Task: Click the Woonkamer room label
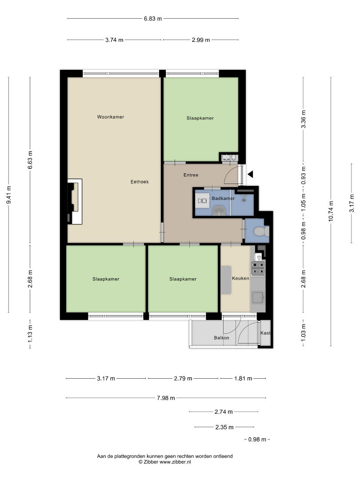[111, 117]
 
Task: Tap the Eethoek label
[140, 182]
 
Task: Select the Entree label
[191, 175]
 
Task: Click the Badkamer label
[223, 198]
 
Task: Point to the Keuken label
[240, 278]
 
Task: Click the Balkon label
[221, 338]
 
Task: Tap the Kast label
[265, 333]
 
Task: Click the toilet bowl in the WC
[260, 231]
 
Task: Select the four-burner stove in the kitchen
[258, 268]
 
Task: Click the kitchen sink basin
[258, 297]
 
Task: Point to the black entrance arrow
[250, 175]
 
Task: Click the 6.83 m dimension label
[153, 19]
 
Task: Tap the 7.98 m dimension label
[166, 398]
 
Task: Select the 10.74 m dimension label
[331, 211]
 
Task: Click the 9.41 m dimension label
[8, 195]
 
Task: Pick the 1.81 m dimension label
[243, 379]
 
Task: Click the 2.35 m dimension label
[224, 428]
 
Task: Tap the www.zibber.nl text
[175, 462]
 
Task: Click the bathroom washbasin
[219, 211]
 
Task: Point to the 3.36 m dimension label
[304, 120]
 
